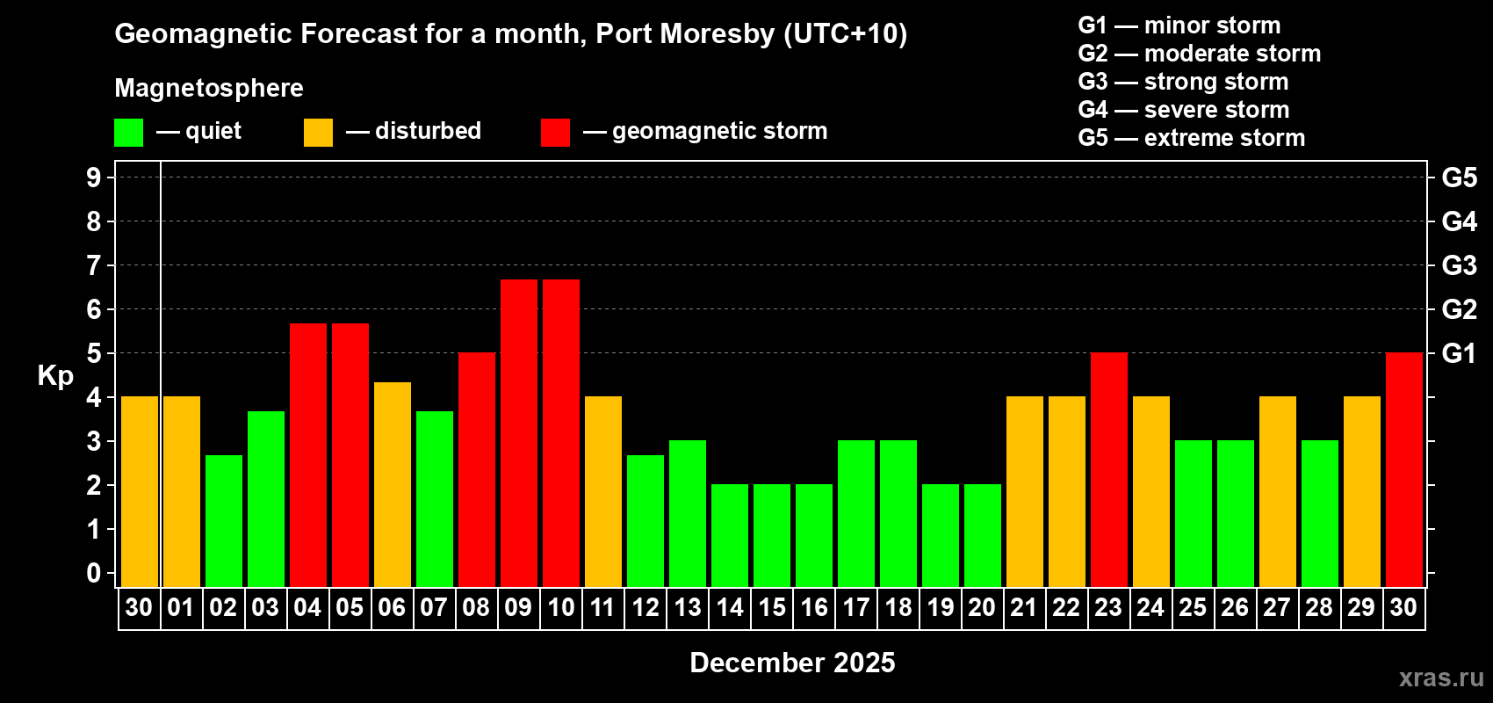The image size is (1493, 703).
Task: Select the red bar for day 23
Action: click(x=1108, y=469)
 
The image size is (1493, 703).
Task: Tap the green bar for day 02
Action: click(x=223, y=520)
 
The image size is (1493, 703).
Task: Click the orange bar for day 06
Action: click(x=392, y=484)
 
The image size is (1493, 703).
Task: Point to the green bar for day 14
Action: click(x=729, y=535)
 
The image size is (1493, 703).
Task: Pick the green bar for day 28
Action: click(x=1319, y=513)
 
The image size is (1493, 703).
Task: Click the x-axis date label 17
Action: click(x=855, y=607)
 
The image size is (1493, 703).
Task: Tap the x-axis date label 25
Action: click(x=1193, y=607)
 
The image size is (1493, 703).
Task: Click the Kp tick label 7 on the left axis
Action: click(x=94, y=265)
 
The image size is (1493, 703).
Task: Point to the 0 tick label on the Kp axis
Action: click(x=94, y=573)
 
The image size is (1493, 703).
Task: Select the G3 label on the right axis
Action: click(x=1459, y=265)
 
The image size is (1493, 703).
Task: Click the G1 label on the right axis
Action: click(x=1459, y=353)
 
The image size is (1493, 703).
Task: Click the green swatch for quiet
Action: click(x=128, y=133)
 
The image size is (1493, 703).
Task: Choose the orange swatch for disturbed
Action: click(x=318, y=133)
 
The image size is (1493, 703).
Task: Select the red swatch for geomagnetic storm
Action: click(x=555, y=133)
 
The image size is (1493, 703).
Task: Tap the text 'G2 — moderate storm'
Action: click(x=1199, y=54)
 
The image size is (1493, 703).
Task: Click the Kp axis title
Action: click(x=55, y=375)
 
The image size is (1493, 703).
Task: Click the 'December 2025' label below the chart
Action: click(x=792, y=663)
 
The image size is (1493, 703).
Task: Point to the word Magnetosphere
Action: click(x=209, y=88)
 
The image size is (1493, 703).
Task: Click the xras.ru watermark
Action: click(x=1440, y=678)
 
